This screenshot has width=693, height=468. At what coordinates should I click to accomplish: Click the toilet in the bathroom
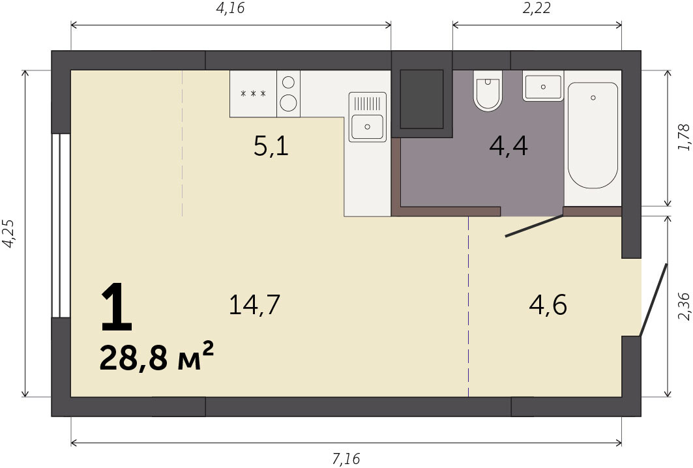pyautogui.click(x=488, y=90)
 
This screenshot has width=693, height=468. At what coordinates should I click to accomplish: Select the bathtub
pyautogui.click(x=593, y=135)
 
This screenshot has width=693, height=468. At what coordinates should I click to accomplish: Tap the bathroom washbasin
pyautogui.click(x=543, y=87)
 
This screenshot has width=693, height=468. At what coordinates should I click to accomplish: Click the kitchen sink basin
pyautogui.click(x=367, y=126)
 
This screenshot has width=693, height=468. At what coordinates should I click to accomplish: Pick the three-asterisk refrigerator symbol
pyautogui.click(x=253, y=94)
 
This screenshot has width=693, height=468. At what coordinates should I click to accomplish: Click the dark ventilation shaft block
pyautogui.click(x=422, y=98)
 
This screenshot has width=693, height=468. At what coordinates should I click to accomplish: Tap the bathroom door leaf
pyautogui.click(x=535, y=226)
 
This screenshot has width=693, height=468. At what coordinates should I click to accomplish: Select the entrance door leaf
pyautogui.click(x=653, y=300)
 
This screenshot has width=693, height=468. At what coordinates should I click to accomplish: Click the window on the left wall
pyautogui.click(x=61, y=226)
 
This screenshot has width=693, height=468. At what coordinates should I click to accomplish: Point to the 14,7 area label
pyautogui.click(x=254, y=305)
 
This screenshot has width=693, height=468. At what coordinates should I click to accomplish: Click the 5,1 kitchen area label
pyautogui.click(x=271, y=146)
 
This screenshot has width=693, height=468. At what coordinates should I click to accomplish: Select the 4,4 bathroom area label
pyautogui.click(x=509, y=146)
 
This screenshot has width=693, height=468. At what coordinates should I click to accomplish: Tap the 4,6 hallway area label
pyautogui.click(x=548, y=305)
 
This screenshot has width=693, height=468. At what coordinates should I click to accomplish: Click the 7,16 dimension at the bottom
pyautogui.click(x=346, y=459)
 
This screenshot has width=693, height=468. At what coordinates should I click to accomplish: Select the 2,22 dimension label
pyautogui.click(x=537, y=8)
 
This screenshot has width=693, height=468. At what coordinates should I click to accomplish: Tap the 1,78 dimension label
pyautogui.click(x=684, y=138)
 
